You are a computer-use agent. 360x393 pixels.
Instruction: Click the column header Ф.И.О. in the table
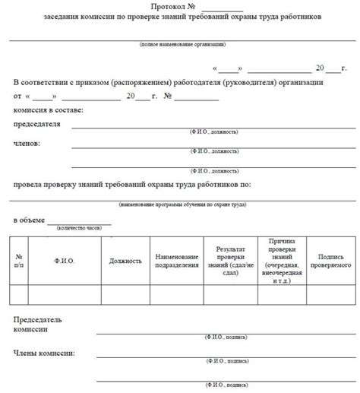(65, 261)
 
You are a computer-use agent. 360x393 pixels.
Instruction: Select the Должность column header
(125, 261)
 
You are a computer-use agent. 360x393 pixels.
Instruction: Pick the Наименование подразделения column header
(177, 261)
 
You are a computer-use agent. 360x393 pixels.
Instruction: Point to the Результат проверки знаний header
(231, 260)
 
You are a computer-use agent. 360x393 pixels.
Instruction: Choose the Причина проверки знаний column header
(282, 260)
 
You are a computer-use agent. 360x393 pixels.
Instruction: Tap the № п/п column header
(19, 261)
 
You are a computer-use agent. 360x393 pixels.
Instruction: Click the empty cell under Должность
(125, 295)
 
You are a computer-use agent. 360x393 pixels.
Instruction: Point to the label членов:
(27, 144)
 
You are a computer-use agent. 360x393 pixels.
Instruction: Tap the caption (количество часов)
(80, 227)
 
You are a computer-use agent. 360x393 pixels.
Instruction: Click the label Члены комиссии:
(43, 353)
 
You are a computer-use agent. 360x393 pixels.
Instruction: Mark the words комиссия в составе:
(49, 111)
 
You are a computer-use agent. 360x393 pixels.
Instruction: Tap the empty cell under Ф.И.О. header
(65, 295)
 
